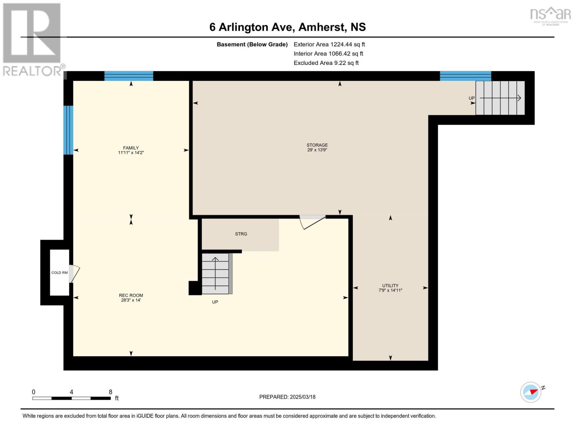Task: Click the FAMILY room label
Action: click(x=131, y=150)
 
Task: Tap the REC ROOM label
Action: click(x=131, y=298)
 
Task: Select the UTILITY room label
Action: click(x=390, y=288)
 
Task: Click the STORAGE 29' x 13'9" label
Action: click(x=317, y=148)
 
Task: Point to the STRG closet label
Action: click(x=241, y=234)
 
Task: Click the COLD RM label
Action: click(x=59, y=273)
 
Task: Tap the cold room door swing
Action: click(x=74, y=274)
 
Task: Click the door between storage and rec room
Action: click(x=312, y=221)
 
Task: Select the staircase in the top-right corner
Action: click(x=500, y=98)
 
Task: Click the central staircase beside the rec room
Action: click(x=215, y=274)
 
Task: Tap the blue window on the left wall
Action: click(x=68, y=130)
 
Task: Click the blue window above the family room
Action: click(x=128, y=76)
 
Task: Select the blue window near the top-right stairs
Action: click(x=465, y=76)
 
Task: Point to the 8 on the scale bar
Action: click(x=110, y=392)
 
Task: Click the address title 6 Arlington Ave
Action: click(x=287, y=27)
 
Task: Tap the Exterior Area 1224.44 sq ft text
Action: click(x=329, y=44)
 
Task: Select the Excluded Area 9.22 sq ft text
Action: click(x=326, y=63)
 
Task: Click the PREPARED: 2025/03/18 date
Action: click(x=287, y=397)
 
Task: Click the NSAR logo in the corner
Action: click(x=550, y=16)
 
